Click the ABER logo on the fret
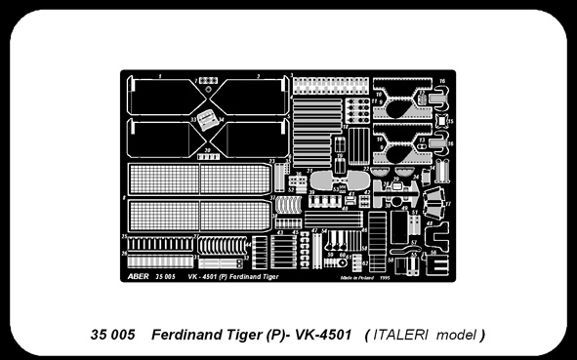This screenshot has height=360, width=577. [136, 276]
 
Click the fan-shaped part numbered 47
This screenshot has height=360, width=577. [446, 204]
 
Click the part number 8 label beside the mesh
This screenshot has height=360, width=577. [125, 196]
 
